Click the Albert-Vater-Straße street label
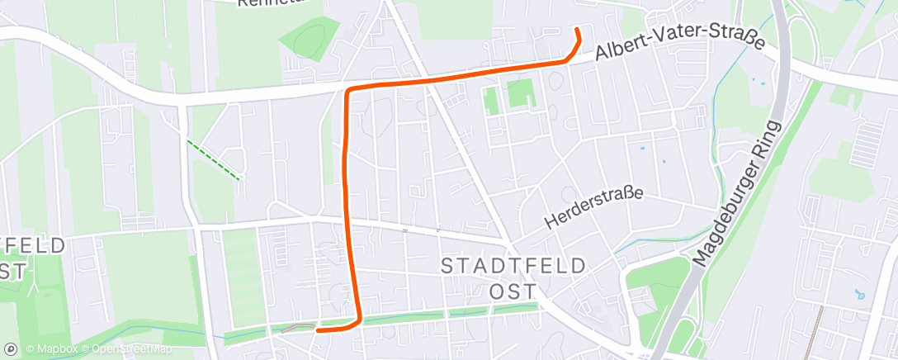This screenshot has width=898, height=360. [x=679, y=46]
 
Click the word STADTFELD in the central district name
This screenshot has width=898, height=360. [x=513, y=266]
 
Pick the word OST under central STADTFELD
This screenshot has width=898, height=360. [x=513, y=291]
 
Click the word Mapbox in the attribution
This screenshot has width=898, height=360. [x=58, y=349]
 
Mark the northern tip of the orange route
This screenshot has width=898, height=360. [x=576, y=31]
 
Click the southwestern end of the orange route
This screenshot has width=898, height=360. [x=318, y=329]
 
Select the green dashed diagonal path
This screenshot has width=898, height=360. [x=213, y=160]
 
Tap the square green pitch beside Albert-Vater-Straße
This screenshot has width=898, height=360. [x=521, y=93]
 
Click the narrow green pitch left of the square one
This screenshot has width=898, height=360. [x=492, y=100]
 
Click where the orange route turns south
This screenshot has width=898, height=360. [x=348, y=90]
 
